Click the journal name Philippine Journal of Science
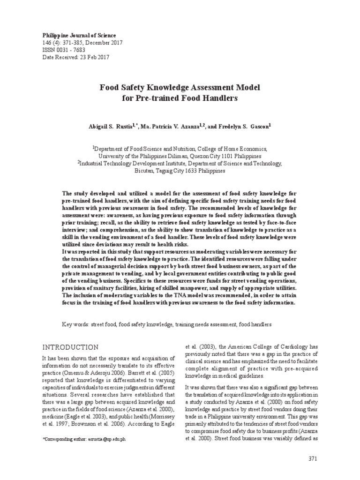pos(79,36)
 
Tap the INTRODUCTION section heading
pos(70,347)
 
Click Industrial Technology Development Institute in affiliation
pos(136,164)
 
